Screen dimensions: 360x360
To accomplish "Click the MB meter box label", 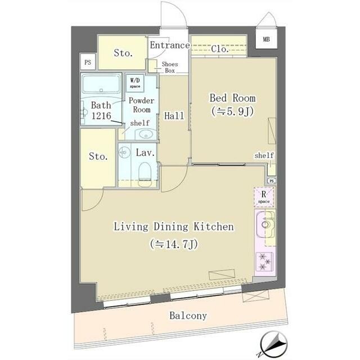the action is [x=266, y=39].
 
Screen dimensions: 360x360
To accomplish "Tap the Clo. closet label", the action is [x=220, y=49].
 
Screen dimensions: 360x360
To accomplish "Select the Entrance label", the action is [x=170, y=45].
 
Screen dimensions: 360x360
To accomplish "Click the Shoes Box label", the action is [x=170, y=67].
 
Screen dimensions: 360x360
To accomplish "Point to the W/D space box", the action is [x=135, y=83].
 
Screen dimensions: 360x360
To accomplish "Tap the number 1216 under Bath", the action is [x=101, y=116].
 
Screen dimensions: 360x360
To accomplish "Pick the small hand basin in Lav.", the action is [x=124, y=152].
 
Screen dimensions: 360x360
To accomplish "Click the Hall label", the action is [x=174, y=116].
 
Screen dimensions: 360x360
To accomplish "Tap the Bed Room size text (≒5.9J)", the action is [x=232, y=111].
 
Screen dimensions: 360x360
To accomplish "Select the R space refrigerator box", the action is [x=264, y=197].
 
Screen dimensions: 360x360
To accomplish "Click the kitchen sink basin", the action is [x=265, y=224].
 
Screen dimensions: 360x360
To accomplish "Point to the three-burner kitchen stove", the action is [x=264, y=261].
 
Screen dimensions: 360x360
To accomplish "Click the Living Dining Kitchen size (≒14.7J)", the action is [x=174, y=244].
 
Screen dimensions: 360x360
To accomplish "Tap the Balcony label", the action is [x=188, y=316].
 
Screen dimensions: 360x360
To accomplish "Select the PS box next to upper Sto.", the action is [x=88, y=62].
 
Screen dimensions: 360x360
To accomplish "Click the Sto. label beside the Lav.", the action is [x=98, y=156].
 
